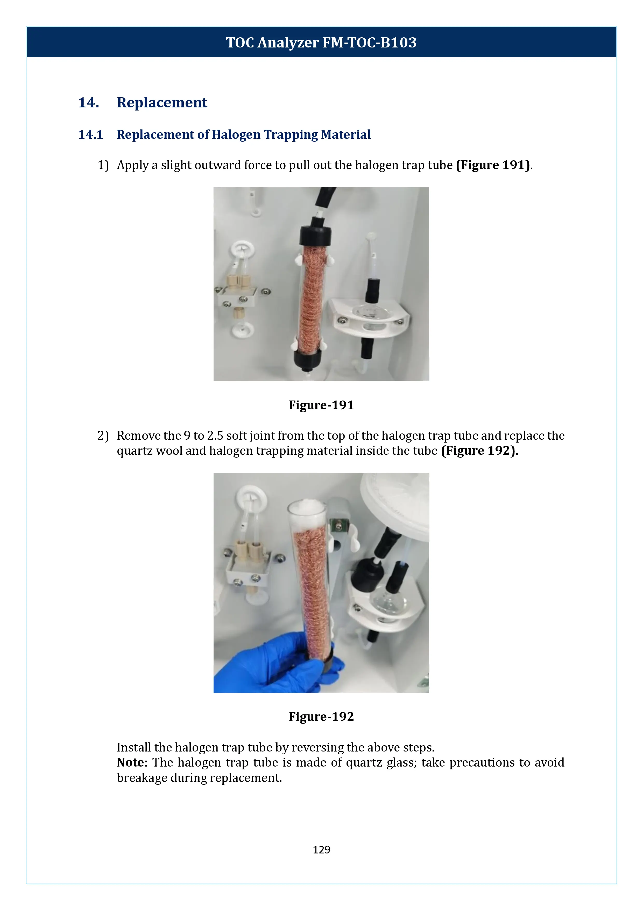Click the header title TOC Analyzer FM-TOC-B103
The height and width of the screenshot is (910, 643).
321,42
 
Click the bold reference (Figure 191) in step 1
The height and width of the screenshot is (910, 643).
492,165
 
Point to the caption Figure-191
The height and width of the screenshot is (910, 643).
321,405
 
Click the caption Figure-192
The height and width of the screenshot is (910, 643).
321,716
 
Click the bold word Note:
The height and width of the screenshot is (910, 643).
132,763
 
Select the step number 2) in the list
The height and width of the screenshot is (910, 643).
103,436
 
